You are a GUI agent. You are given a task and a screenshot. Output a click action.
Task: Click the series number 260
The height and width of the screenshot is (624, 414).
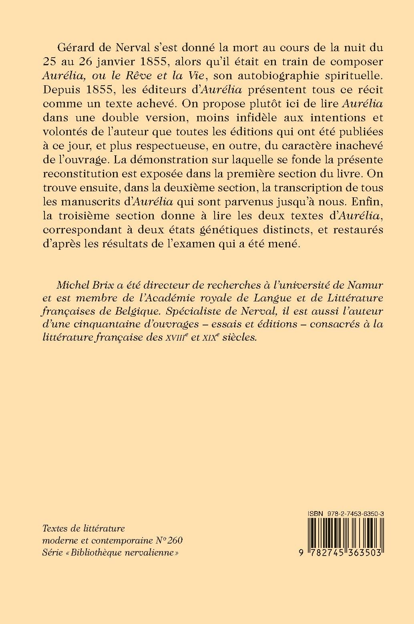[x=175, y=540]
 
